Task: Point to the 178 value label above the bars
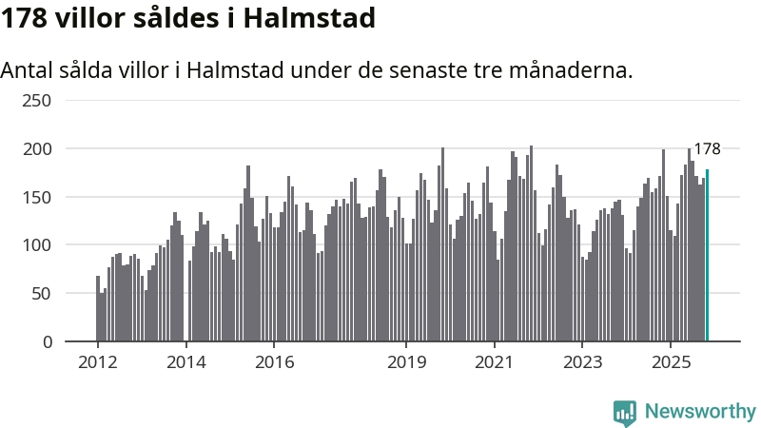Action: pos(707,149)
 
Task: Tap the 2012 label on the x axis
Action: pos(97,362)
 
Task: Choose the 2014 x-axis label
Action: pos(185,362)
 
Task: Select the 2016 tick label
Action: pos(274,362)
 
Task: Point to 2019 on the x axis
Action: pos(406,362)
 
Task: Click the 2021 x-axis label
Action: pos(495,362)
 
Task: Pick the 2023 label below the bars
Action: pos(583,362)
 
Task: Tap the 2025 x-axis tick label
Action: pos(671,362)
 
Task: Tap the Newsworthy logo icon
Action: pos(625,411)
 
